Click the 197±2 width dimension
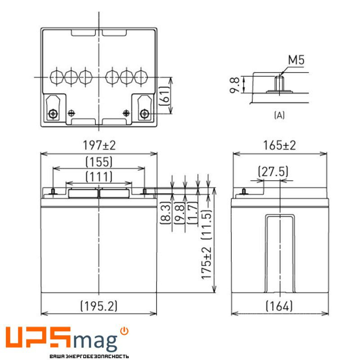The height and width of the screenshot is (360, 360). [x=99, y=145]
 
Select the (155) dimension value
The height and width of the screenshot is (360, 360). [x=99, y=162]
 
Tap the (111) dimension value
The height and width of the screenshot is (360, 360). [x=99, y=176]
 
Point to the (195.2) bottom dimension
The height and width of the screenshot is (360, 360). [x=99, y=306]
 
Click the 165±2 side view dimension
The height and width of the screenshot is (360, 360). [x=279, y=145]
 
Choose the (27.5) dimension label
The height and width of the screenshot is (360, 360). [x=273, y=172]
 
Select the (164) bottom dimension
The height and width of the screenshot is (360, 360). [x=279, y=306]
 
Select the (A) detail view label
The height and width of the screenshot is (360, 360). [x=279, y=116]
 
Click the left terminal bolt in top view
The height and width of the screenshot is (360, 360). [x=53, y=114]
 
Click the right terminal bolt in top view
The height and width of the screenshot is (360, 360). [x=144, y=114]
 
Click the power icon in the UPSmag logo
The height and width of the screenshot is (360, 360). [x=125, y=332]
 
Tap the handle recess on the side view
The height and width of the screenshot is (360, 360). [x=279, y=252]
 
